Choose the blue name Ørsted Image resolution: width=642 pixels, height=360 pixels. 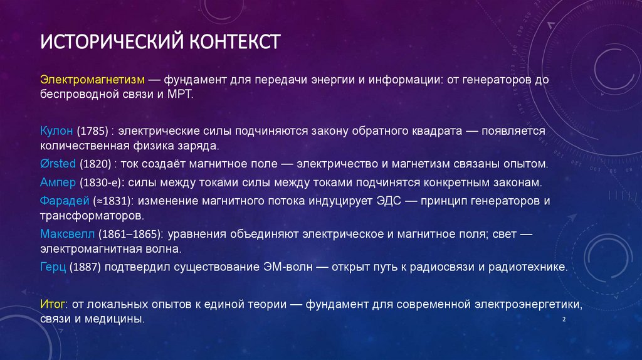coord(58,164)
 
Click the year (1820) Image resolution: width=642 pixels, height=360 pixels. coord(95,164)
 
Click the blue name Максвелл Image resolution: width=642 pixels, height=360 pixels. coord(67,234)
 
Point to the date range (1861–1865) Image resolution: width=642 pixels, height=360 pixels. coord(131,234)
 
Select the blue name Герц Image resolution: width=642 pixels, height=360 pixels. coord(53,267)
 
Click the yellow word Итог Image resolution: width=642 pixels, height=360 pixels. coord(53,305)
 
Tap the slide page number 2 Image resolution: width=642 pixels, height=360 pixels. coord(565,320)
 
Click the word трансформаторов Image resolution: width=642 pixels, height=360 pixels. coord(92,215)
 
